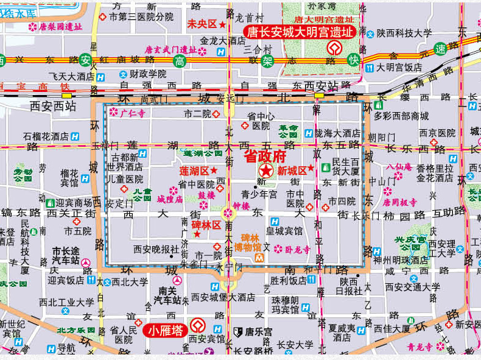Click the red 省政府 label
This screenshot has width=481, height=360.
265,157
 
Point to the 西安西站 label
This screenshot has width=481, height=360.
52,105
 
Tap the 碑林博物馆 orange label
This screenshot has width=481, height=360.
251,242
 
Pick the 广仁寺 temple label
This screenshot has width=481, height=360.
132,113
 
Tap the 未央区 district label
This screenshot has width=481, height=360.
202,24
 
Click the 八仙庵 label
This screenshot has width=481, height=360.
399,166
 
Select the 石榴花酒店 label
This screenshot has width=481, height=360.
46,136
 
